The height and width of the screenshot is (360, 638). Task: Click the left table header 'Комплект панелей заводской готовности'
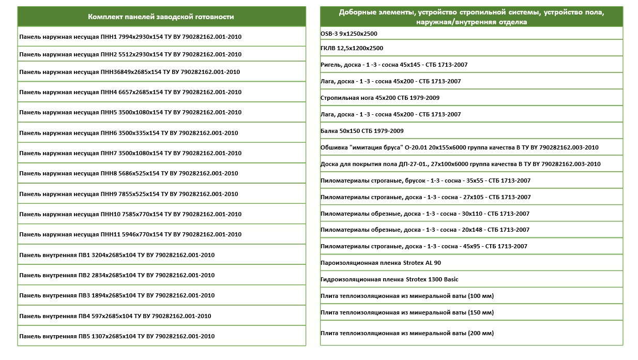[x=161, y=17]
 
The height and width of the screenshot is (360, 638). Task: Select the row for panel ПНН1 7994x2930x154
[x=130, y=37]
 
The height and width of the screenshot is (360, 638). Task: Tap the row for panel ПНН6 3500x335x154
[x=129, y=133]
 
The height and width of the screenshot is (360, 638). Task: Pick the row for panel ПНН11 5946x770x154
[x=130, y=234]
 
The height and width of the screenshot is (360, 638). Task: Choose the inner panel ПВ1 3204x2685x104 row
[x=117, y=255]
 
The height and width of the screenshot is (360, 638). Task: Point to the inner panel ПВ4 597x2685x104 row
[x=115, y=316]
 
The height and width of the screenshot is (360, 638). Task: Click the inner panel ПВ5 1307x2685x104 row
[x=117, y=336]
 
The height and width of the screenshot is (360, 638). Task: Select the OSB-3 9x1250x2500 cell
[x=349, y=34]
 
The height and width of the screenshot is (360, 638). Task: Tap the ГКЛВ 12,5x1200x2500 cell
[x=352, y=48]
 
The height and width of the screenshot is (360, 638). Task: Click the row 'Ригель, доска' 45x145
[x=390, y=65]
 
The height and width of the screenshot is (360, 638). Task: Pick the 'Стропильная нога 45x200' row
[x=380, y=98]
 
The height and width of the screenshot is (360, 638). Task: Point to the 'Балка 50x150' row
[x=362, y=131]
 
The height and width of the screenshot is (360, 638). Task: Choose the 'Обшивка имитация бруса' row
[x=459, y=147]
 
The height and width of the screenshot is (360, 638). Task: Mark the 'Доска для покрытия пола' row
[x=460, y=164]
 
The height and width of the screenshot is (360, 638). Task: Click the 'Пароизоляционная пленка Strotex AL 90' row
[x=381, y=263]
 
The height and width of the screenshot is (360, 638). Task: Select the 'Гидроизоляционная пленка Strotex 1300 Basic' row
[x=389, y=279]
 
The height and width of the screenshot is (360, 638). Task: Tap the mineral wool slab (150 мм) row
[x=407, y=312]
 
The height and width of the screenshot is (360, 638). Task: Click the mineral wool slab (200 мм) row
[x=407, y=333]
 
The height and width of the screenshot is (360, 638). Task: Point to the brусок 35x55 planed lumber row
[x=426, y=181]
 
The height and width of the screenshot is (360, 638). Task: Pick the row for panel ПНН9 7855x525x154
[x=129, y=194]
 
